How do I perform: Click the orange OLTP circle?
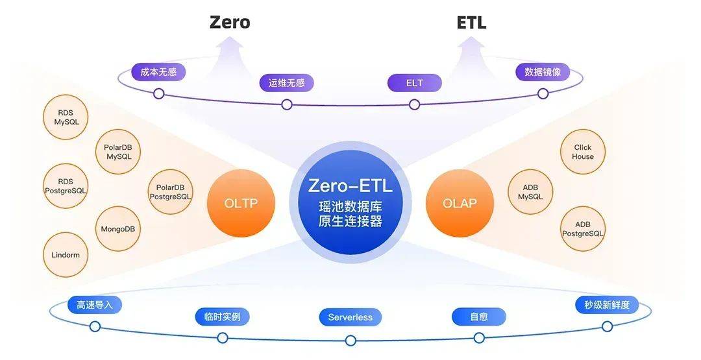click(241, 203)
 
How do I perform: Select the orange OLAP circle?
click(460, 203)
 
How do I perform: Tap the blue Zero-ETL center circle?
click(350, 203)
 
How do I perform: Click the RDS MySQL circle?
click(66, 117)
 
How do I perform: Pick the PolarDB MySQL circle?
click(119, 152)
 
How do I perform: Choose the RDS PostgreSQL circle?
click(66, 186)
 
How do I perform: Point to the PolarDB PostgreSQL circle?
click(170, 192)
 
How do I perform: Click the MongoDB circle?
click(118, 229)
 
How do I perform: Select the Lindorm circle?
click(66, 254)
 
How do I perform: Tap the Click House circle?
click(583, 152)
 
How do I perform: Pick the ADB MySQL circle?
click(531, 192)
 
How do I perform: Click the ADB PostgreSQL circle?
click(583, 229)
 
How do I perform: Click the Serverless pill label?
click(350, 317)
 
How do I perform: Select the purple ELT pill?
click(414, 83)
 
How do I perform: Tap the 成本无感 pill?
click(158, 72)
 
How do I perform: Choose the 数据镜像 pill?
click(543, 72)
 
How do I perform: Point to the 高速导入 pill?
click(94, 305)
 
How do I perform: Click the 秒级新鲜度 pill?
click(607, 305)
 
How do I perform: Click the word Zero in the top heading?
click(230, 22)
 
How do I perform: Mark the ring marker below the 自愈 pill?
click(479, 338)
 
